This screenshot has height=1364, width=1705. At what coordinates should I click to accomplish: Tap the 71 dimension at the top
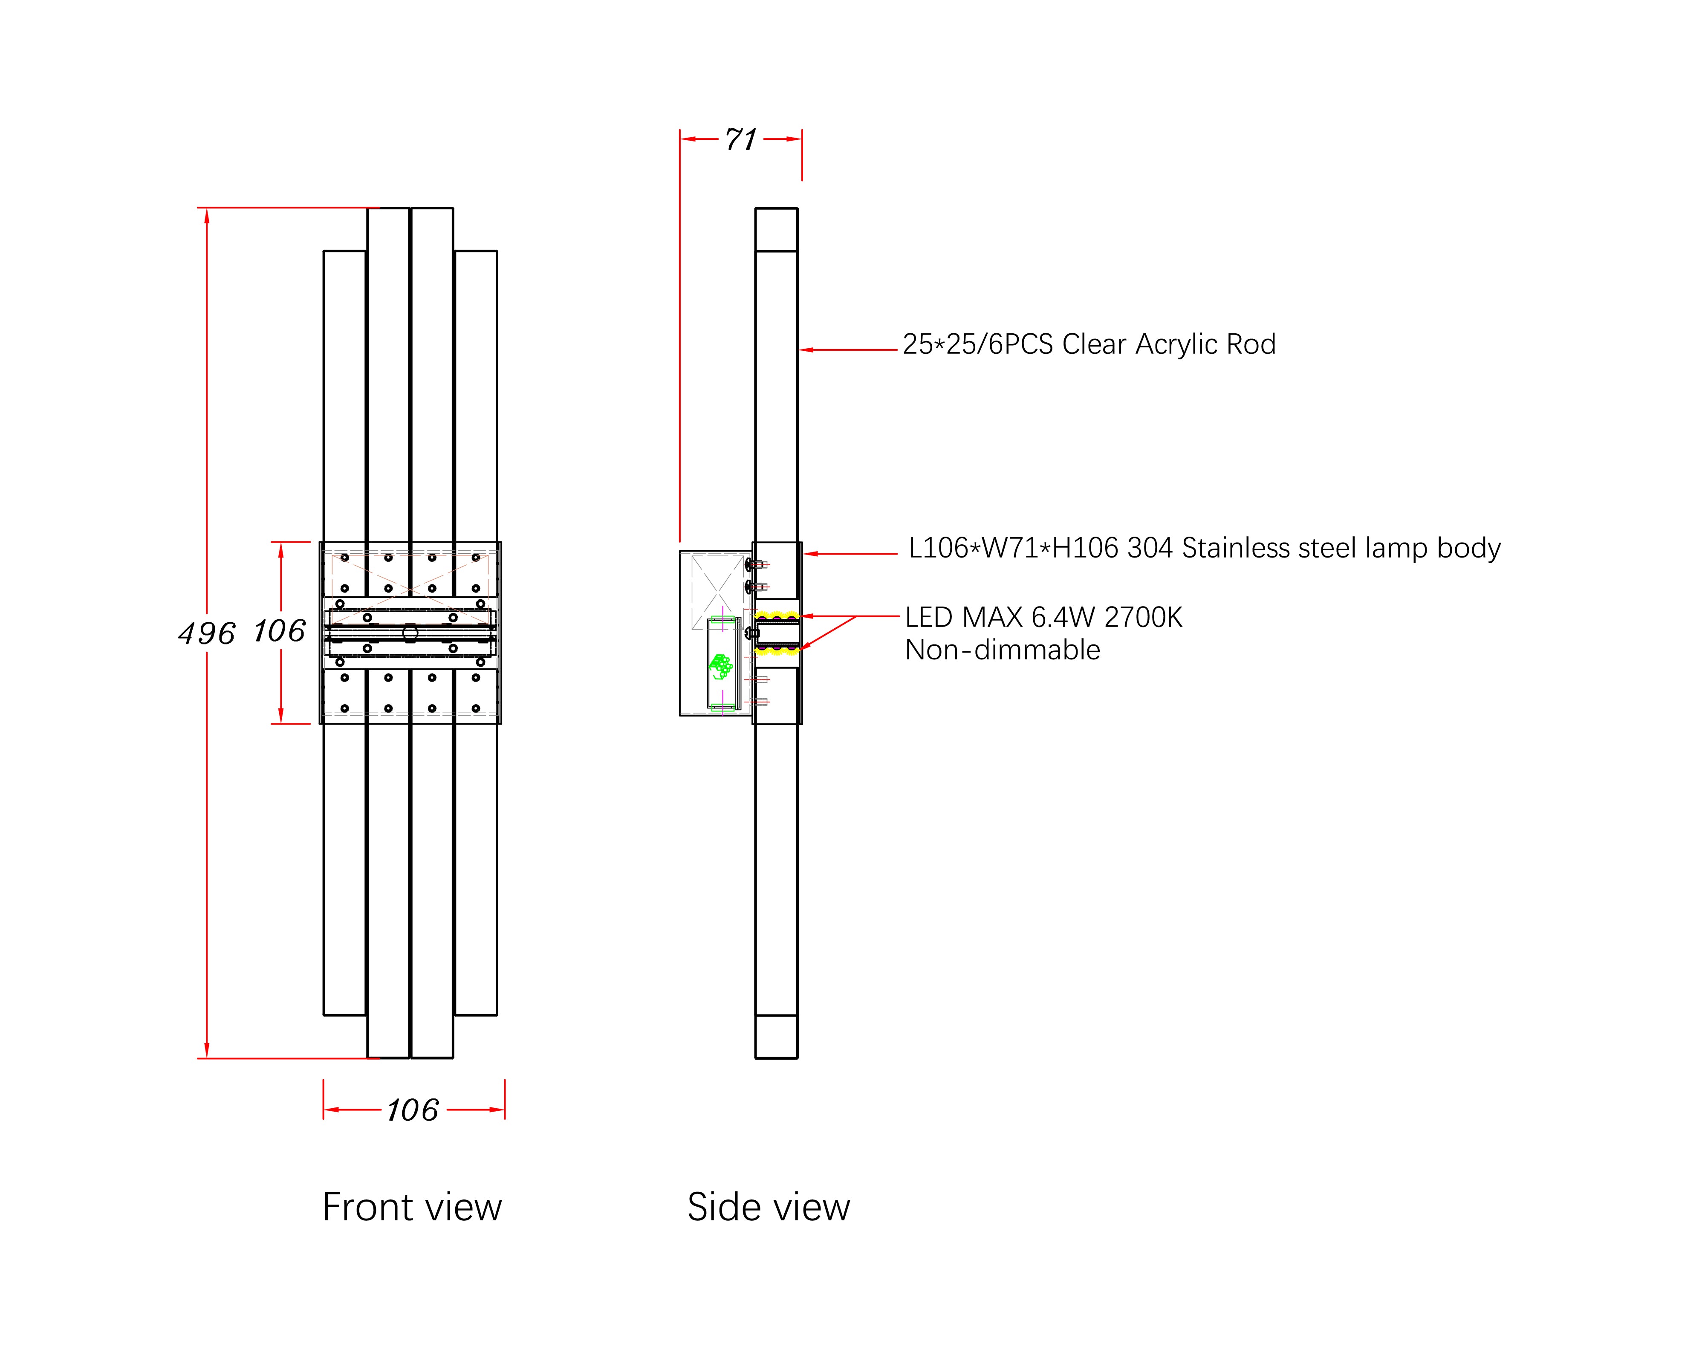coord(741,140)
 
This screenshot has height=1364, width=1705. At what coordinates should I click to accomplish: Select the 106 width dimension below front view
coord(413,1110)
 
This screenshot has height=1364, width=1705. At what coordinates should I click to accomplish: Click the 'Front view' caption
coord(412,1208)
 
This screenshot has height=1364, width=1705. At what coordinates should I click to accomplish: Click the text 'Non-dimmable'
coord(1002,650)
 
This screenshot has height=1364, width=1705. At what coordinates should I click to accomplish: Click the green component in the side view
coord(720,666)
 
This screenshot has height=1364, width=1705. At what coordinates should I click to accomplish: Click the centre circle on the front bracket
coord(410,633)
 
